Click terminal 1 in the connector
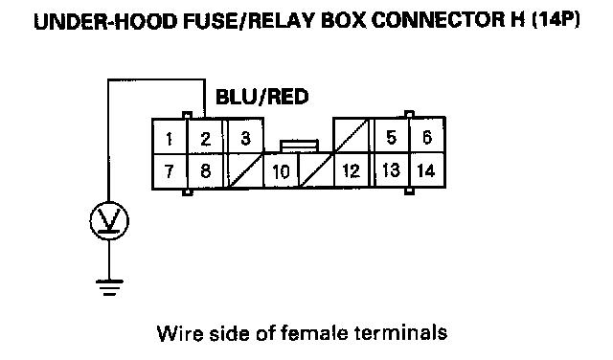click(170, 137)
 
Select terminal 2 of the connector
click(206, 137)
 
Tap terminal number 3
click(245, 136)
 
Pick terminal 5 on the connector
click(392, 136)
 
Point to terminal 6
click(427, 136)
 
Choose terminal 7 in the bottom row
click(170, 171)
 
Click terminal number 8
click(206, 171)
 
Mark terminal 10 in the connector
click(281, 170)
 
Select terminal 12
click(352, 170)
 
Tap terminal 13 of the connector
click(392, 170)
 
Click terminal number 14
click(426, 170)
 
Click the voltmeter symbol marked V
click(109, 221)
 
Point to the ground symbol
click(109, 287)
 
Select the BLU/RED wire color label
click(262, 97)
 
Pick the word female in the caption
click(314, 333)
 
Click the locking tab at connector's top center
click(299, 146)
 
